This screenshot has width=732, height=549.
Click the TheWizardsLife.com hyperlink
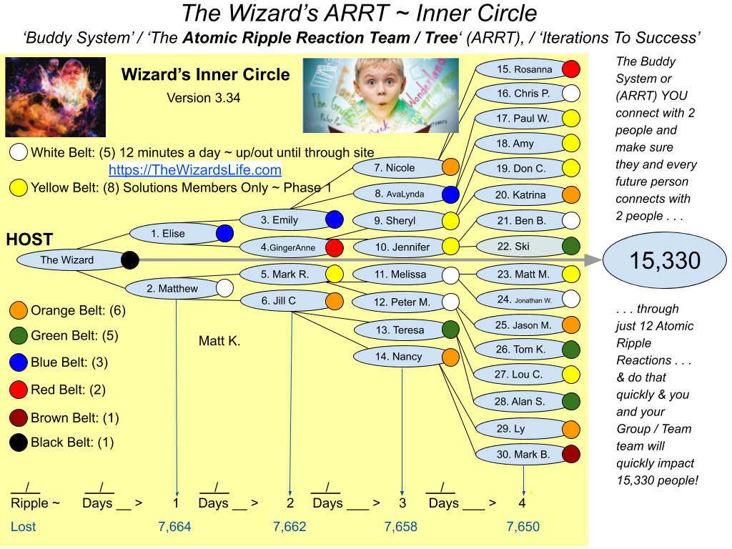click(x=194, y=170)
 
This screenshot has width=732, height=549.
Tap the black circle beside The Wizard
click(x=130, y=260)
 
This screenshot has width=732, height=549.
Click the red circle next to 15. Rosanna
click(x=571, y=69)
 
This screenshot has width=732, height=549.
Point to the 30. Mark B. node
click(x=523, y=454)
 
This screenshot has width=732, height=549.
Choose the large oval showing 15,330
click(x=665, y=260)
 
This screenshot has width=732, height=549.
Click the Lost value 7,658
click(x=400, y=527)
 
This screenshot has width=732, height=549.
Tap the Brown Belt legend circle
click(x=18, y=417)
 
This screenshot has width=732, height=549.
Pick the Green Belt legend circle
click(x=18, y=336)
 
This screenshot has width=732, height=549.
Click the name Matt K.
click(x=219, y=341)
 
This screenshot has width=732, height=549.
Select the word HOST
click(x=29, y=239)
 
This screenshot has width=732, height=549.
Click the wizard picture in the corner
click(x=56, y=97)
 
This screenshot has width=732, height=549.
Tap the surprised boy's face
click(x=378, y=85)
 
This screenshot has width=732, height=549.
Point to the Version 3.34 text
click(x=204, y=98)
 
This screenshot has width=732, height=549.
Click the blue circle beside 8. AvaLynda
click(x=450, y=194)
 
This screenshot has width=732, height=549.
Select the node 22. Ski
click(x=523, y=246)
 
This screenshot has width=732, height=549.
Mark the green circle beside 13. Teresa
click(x=450, y=330)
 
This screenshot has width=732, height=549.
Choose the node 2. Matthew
click(x=174, y=289)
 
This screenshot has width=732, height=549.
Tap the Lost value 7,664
click(x=174, y=527)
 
